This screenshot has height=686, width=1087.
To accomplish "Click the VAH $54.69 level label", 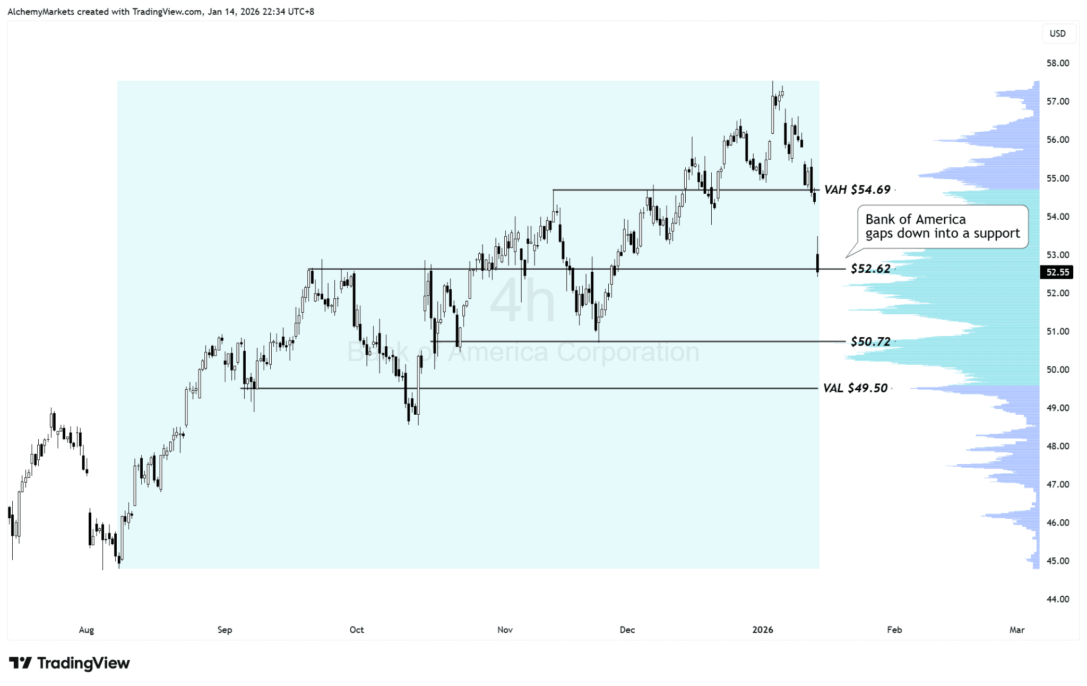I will coord(857,190).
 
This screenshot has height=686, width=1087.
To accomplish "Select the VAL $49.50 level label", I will coord(855,388).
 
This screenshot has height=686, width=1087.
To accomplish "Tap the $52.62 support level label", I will coord(870,269).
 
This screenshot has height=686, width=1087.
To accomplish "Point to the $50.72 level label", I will coord(870,341).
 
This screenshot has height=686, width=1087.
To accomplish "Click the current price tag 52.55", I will coord(1057,272).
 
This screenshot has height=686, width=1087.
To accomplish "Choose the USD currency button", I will coord(1057,33).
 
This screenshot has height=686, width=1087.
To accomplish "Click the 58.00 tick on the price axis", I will coord(1057,63).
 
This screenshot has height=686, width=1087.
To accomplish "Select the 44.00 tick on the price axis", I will coord(1057,599).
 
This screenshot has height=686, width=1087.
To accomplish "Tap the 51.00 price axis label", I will coord(1057,331).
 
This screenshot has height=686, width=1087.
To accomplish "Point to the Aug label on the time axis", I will coord(87,630).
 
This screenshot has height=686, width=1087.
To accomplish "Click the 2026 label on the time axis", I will coord(763,630).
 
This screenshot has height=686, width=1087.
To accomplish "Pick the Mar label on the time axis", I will coord(1016,630).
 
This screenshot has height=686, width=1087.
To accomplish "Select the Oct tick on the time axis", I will coord(357,630).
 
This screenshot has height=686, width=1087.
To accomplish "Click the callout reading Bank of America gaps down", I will coord(942,227).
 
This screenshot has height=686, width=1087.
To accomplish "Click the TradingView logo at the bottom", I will coord(70,663).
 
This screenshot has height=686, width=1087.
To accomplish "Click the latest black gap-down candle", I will coord(817,263).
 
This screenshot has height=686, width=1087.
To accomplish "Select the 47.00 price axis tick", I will coord(1057,484).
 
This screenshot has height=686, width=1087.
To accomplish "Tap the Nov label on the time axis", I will coord(505,630).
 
